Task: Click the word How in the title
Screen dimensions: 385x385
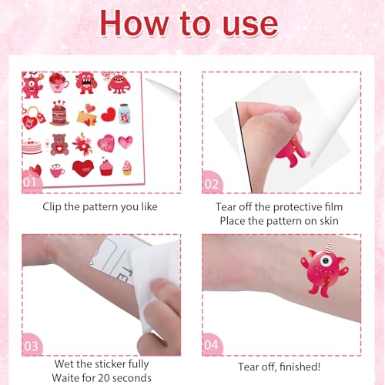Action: point(134,23)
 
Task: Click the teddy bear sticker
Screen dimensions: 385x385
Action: point(59,145)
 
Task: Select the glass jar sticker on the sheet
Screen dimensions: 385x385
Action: point(125,114)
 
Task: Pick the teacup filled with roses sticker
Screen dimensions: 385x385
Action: point(59,82)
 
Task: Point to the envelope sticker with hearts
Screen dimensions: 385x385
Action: point(88,115)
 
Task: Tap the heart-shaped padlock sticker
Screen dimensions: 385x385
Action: point(33,118)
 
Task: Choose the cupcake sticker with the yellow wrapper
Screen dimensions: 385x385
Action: point(127,168)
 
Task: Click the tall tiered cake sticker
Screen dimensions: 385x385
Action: point(59,113)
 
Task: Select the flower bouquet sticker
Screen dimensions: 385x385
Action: point(82,144)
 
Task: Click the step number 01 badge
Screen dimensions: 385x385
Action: point(30,182)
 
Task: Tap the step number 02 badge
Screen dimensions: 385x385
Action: point(212,184)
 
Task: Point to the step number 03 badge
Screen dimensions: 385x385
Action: point(31,346)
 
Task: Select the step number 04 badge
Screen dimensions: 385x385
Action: point(211,345)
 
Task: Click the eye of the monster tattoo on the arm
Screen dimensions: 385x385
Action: point(326,261)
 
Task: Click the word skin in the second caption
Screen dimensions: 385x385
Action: point(329,221)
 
